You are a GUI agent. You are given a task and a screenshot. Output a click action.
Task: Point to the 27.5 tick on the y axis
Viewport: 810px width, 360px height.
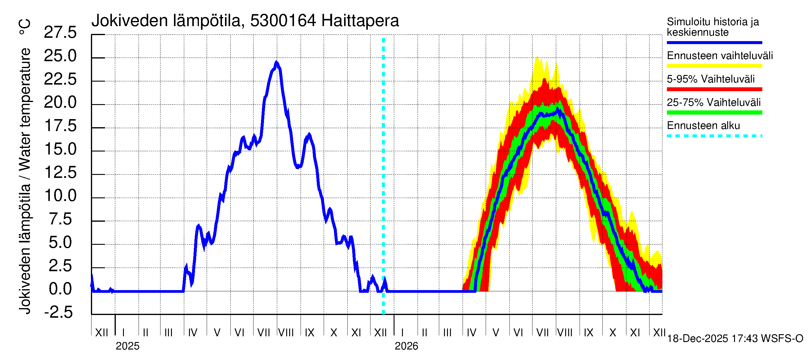point(60,32)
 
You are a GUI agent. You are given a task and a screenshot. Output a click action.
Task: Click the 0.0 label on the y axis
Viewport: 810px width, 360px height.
point(60,289)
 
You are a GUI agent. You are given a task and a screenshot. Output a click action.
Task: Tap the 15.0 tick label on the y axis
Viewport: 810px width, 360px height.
point(60,149)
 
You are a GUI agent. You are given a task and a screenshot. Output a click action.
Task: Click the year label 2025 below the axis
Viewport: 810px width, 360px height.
point(127,346)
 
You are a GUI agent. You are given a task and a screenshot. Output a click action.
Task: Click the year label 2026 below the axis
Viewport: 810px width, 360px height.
point(406,346)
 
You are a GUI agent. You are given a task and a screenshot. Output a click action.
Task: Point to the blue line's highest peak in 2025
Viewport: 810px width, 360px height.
point(276,63)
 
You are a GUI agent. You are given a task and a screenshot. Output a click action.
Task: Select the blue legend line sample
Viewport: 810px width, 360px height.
point(714,42)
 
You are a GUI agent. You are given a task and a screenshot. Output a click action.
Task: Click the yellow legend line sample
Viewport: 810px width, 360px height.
point(714,66)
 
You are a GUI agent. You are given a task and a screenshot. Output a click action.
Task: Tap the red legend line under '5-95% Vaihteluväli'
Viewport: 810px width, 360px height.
point(714,89)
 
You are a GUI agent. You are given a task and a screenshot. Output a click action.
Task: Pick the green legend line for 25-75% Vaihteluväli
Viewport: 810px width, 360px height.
point(714,112)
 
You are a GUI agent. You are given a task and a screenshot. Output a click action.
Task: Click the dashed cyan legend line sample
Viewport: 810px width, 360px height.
point(714,136)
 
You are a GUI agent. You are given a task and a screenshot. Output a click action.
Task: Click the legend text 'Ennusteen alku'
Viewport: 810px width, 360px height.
point(703,126)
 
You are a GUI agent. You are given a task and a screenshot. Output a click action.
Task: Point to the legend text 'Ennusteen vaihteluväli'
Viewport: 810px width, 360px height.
point(719,56)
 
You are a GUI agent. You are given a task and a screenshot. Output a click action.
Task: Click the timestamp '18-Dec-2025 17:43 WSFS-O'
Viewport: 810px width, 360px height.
point(735,339)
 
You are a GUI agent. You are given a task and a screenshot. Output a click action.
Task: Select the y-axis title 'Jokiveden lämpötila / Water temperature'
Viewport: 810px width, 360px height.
point(25,181)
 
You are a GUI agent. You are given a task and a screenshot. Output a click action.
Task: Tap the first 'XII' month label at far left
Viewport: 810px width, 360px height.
point(101,333)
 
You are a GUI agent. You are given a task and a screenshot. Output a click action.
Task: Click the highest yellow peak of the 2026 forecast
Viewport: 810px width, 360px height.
point(537,57)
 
